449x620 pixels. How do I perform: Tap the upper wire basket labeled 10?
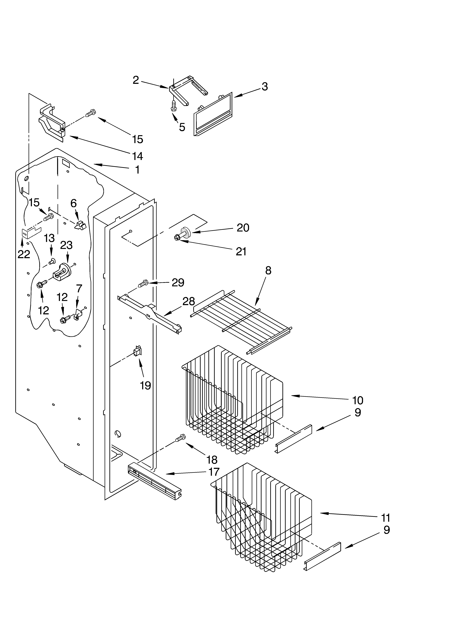click(232, 399)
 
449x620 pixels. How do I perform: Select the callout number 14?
click(138, 156)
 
